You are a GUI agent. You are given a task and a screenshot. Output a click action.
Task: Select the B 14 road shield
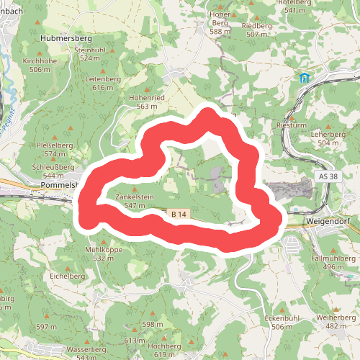[x=180, y=214]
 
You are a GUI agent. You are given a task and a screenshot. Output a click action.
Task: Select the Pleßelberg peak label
[x=55, y=145]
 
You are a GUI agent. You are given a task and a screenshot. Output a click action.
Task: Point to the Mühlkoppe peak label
[x=104, y=249]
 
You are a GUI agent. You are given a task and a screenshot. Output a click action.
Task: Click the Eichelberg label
[x=68, y=276]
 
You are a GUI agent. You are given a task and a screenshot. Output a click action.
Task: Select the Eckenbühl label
[x=281, y=318]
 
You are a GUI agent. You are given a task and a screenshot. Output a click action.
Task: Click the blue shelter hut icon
[x=304, y=78]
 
